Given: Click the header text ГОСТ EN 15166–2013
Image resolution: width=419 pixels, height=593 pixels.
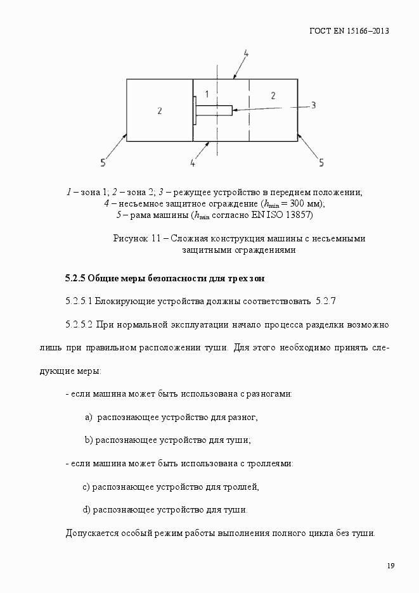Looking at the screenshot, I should tap(349, 30).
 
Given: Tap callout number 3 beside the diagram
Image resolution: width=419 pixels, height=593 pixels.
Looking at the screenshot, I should tap(313, 105).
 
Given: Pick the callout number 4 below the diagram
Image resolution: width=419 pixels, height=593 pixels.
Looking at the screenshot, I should tap(192, 163).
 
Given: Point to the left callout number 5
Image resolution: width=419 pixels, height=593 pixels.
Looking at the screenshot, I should tap(103, 163).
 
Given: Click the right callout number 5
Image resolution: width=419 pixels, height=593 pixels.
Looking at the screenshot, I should tap(321, 163).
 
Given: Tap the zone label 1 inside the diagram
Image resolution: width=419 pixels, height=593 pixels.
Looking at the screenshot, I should tap(207, 94).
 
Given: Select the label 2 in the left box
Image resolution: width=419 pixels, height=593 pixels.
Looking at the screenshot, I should tap(159, 111).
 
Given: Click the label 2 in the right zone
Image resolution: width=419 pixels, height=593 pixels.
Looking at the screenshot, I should tap(273, 95).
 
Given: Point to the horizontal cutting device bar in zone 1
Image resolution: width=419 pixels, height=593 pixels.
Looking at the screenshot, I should tap(214, 109).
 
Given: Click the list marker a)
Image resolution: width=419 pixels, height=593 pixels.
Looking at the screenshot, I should tap(89, 417).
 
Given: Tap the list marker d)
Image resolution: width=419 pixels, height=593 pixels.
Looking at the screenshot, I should tap(87, 509).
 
